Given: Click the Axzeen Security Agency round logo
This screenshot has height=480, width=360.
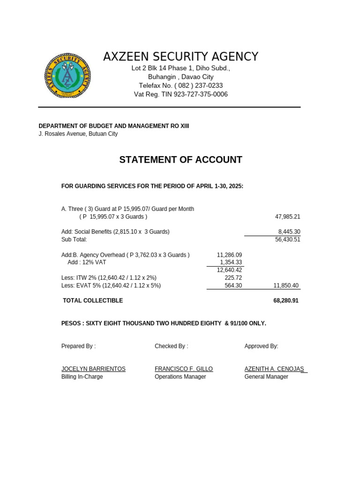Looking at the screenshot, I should [x=67, y=75].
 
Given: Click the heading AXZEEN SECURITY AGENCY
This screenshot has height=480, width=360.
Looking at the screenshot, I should [x=180, y=57].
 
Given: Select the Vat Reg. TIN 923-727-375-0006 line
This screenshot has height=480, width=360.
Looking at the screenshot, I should [x=180, y=94].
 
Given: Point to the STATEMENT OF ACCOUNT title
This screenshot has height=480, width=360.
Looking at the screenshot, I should [x=180, y=160].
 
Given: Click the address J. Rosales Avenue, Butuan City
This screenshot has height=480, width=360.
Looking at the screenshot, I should [x=78, y=134].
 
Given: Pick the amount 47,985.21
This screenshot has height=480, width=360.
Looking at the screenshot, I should [x=287, y=217].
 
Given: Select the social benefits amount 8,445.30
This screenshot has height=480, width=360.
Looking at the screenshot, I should [x=289, y=232].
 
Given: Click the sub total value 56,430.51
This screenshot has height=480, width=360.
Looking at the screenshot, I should [x=287, y=240].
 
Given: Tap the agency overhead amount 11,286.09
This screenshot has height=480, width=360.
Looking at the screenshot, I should [x=229, y=255].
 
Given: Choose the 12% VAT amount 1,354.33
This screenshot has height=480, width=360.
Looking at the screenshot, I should [x=231, y=262].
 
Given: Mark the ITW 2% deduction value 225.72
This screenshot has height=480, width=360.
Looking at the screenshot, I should [x=233, y=278].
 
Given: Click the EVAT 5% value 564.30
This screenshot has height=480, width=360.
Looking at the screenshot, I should [x=233, y=285].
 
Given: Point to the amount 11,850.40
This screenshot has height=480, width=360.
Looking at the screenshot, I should [x=286, y=285].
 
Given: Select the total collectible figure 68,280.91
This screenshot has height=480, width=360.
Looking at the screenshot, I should [x=286, y=300].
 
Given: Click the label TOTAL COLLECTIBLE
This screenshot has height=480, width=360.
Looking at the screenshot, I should [x=93, y=300].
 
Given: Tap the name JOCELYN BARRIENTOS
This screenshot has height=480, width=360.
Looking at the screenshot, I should [x=93, y=369].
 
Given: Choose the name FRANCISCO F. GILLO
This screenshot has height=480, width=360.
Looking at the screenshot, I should [x=184, y=369].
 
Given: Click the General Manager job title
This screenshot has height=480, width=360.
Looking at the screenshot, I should [x=266, y=377].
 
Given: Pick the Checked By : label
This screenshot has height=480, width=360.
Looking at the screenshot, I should [x=171, y=346].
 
